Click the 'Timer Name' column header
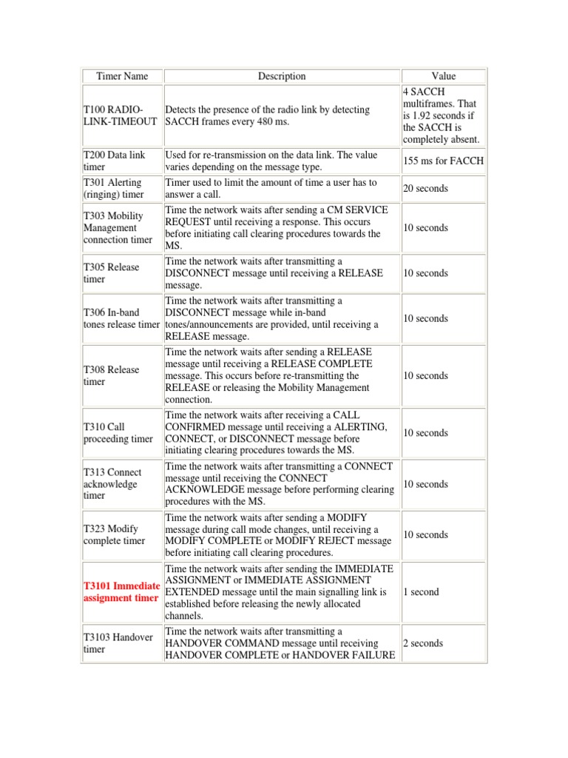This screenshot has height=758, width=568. (x=122, y=76)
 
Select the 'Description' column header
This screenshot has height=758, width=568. (x=281, y=76)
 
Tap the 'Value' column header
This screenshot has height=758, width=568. (x=444, y=76)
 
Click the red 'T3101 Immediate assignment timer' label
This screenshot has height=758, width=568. (x=121, y=592)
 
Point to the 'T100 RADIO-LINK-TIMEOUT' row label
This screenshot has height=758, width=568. (x=120, y=115)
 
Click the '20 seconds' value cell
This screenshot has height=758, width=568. (x=425, y=189)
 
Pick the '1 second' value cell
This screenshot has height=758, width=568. (x=421, y=592)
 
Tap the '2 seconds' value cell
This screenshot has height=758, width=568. (x=423, y=643)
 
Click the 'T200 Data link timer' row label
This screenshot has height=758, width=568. (x=114, y=161)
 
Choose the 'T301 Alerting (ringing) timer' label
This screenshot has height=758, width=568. (x=113, y=189)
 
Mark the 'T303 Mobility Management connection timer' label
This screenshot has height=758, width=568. (x=118, y=228)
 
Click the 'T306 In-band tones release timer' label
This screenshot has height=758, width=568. (x=121, y=318)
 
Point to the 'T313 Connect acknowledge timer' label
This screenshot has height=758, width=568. (x=112, y=484)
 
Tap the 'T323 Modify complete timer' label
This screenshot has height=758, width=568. (x=115, y=534)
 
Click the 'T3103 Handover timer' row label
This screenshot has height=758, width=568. (x=118, y=643)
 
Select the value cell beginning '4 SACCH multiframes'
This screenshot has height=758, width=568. (x=442, y=115)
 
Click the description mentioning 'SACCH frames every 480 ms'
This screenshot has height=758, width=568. (x=268, y=115)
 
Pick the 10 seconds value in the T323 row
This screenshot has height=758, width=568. (x=425, y=534)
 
